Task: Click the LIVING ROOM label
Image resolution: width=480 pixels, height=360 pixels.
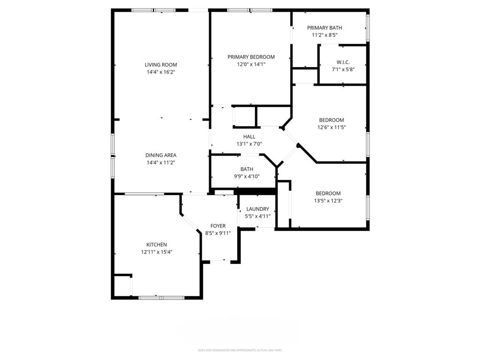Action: (161, 65)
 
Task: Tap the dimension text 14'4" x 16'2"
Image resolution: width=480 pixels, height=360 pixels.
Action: (161, 72)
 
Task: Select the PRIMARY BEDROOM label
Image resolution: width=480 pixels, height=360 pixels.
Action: (251, 57)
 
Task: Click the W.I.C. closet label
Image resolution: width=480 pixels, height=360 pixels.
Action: (343, 62)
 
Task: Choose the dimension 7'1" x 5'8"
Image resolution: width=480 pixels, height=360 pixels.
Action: (343, 69)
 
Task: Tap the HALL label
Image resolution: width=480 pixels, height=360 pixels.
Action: (249, 136)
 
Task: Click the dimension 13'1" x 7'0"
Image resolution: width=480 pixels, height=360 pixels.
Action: (249, 144)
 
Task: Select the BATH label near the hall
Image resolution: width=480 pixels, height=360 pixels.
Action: (247, 169)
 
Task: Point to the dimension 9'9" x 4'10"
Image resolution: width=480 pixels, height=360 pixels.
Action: (247, 177)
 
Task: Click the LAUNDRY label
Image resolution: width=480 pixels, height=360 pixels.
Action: (257, 209)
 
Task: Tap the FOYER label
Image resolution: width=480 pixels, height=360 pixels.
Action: (217, 226)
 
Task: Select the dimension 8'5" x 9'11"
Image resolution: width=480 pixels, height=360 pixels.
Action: (217, 233)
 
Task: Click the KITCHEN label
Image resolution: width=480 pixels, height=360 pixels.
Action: (157, 245)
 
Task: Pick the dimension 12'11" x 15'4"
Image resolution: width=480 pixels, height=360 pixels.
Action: (157, 252)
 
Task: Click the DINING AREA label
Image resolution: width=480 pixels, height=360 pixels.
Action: (161, 155)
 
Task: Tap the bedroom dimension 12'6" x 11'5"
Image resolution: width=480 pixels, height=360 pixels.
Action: (331, 127)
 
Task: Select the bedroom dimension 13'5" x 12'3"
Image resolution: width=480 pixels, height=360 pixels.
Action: (328, 201)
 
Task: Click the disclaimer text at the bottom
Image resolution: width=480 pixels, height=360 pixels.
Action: (240, 350)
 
